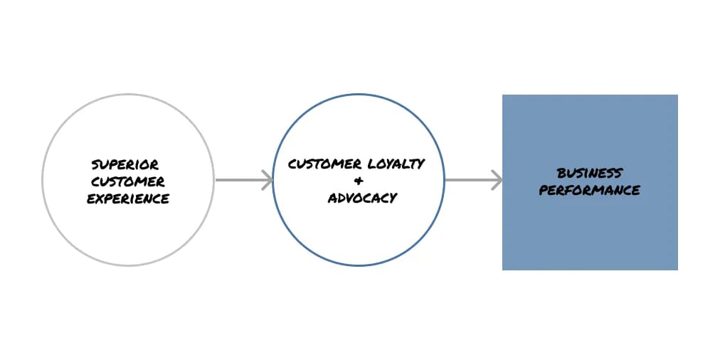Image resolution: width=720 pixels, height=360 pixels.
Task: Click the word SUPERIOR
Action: (125, 165)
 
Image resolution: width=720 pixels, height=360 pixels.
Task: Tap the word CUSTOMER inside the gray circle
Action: (128, 182)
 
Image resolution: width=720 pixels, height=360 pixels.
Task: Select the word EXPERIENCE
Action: (128, 198)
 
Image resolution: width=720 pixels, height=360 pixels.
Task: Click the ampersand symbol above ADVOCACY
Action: (358, 180)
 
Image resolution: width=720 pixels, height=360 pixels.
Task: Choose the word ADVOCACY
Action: (362, 198)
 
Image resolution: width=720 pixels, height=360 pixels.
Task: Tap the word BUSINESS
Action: (589, 173)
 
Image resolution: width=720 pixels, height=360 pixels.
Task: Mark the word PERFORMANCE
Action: (589, 190)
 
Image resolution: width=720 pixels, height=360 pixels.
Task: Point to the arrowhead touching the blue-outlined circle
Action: (268, 180)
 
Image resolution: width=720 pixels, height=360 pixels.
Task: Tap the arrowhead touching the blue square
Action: (497, 180)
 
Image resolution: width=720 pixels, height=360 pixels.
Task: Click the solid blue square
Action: (590, 235)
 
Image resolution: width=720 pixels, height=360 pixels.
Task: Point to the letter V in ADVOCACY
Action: (351, 198)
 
